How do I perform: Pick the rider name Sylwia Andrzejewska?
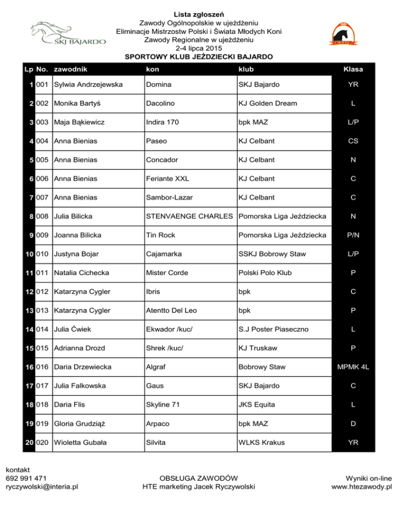(x=89, y=84)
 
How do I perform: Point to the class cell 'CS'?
(x=352, y=141)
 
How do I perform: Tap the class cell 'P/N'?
(x=352, y=235)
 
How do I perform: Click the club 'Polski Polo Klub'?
(x=265, y=273)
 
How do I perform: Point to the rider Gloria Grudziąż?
(x=82, y=424)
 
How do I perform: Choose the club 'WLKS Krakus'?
(x=262, y=442)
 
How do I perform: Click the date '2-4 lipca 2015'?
(x=199, y=48)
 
